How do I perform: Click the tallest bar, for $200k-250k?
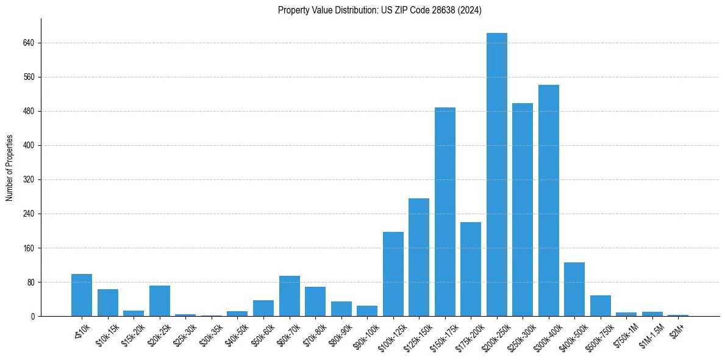pos(496,175)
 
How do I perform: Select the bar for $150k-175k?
pos(445,212)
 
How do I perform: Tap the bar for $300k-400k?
pos(548,200)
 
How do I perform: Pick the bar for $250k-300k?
pos(523,209)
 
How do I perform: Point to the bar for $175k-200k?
pos(471,269)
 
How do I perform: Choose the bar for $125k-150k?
pos(419,257)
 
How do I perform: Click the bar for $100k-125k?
pos(393,274)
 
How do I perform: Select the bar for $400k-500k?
pos(574,289)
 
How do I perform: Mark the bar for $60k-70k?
pos(289,296)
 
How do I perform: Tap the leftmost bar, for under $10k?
pos(82,295)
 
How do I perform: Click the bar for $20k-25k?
pos(160,301)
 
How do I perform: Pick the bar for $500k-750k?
pos(600,306)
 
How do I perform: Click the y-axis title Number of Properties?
pos(9,168)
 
